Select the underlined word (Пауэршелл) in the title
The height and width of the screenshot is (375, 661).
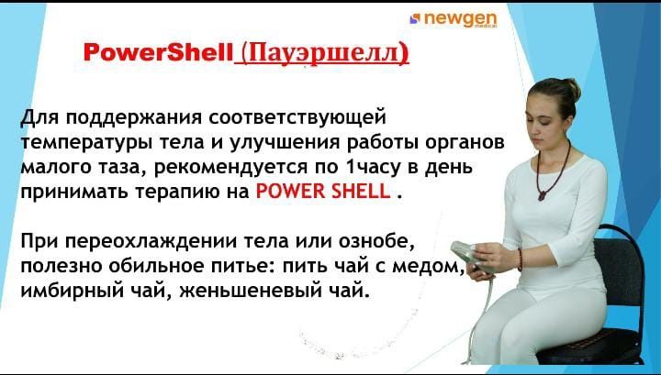pos(321,52)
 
